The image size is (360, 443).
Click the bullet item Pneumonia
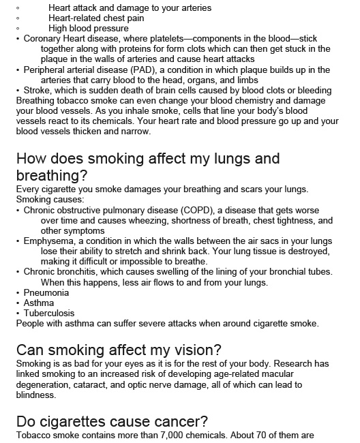click(46, 292)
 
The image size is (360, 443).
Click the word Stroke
click(38, 90)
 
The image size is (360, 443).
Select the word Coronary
click(45, 39)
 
